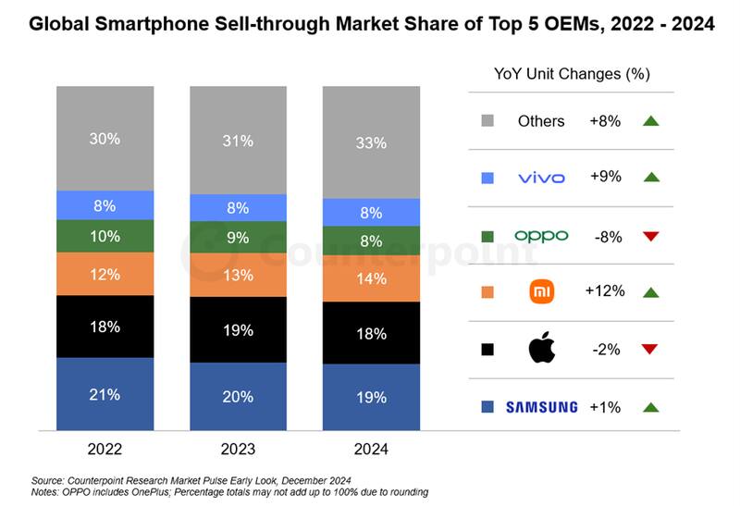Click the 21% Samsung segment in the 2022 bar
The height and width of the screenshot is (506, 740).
point(105,395)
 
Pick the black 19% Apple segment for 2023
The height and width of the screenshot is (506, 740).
point(239,330)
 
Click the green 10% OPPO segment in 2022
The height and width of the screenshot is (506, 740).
point(105,236)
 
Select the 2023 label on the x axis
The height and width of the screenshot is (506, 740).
point(239,450)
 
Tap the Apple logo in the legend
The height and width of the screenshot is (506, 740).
point(541,350)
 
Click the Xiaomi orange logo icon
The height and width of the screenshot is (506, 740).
point(541,292)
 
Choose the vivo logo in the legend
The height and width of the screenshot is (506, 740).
point(541,178)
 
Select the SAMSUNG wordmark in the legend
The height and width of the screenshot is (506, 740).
point(541,407)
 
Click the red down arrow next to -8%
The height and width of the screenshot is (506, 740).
point(649,236)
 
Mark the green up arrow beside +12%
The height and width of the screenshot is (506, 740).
point(649,292)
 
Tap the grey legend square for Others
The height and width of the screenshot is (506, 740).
point(487,121)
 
